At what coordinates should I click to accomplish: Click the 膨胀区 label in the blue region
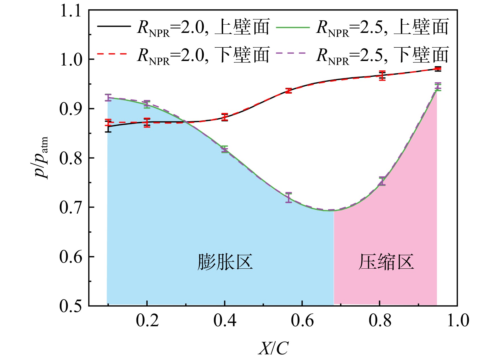225,262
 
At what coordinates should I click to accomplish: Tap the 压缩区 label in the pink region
386,262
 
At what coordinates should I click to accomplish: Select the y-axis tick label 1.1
71,12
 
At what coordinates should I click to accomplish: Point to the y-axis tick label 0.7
71,208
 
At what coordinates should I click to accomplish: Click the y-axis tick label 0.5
71,306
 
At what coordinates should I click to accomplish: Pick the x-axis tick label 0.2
147,321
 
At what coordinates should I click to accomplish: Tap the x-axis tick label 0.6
302,321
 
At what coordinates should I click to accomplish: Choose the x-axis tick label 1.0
458,321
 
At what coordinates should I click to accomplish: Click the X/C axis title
273,348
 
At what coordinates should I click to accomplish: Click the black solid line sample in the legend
114,26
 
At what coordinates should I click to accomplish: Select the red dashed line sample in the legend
114,54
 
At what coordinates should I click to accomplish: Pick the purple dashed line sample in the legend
293,54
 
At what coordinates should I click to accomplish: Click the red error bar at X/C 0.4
225,117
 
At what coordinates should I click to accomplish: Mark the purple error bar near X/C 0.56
289,197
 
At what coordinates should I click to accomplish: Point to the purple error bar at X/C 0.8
382,181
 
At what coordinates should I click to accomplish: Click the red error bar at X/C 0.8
382,76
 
